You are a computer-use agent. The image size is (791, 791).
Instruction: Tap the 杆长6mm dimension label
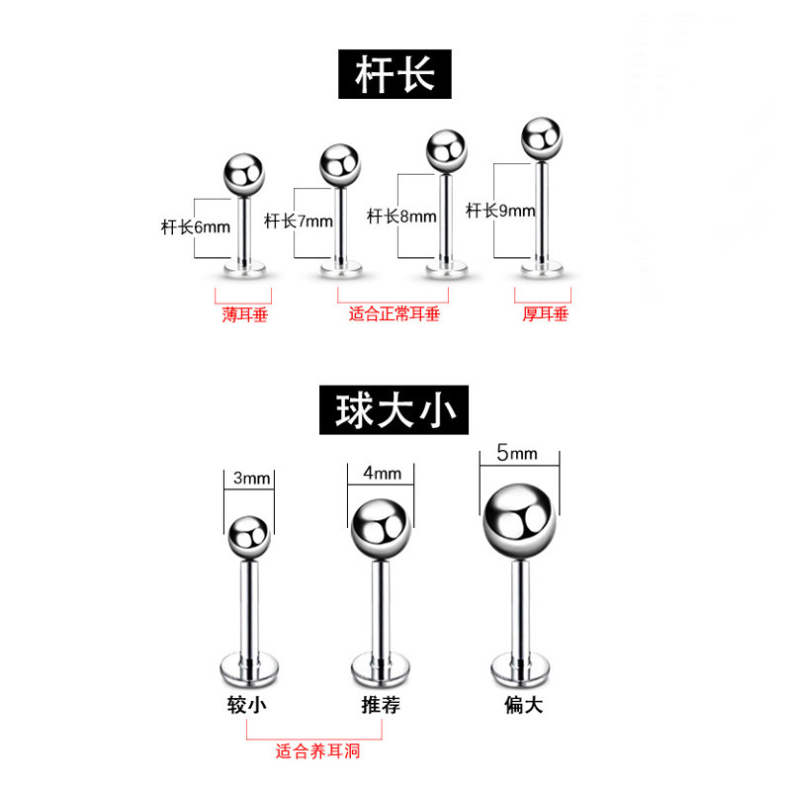(x=195, y=225)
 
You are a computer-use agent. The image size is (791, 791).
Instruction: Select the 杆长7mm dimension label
(x=300, y=221)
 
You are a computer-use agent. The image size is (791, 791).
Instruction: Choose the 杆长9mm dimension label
(x=500, y=211)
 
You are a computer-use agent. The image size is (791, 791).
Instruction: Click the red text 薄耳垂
(x=244, y=315)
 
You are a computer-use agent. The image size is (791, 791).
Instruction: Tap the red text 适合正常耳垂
(x=394, y=315)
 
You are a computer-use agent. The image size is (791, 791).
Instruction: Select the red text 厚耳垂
(x=545, y=315)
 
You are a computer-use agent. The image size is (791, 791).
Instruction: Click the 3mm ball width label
(x=251, y=479)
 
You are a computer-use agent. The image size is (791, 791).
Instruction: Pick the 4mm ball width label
(x=382, y=473)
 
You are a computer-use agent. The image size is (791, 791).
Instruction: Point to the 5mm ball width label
(x=519, y=454)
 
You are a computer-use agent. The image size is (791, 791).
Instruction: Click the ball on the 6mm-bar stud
(x=244, y=176)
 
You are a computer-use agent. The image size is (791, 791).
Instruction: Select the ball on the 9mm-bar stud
(x=543, y=138)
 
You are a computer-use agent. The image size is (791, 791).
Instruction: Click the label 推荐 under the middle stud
(x=382, y=706)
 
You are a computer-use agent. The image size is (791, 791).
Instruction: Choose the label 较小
(x=247, y=706)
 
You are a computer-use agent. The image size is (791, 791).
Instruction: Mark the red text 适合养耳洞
(x=317, y=752)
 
